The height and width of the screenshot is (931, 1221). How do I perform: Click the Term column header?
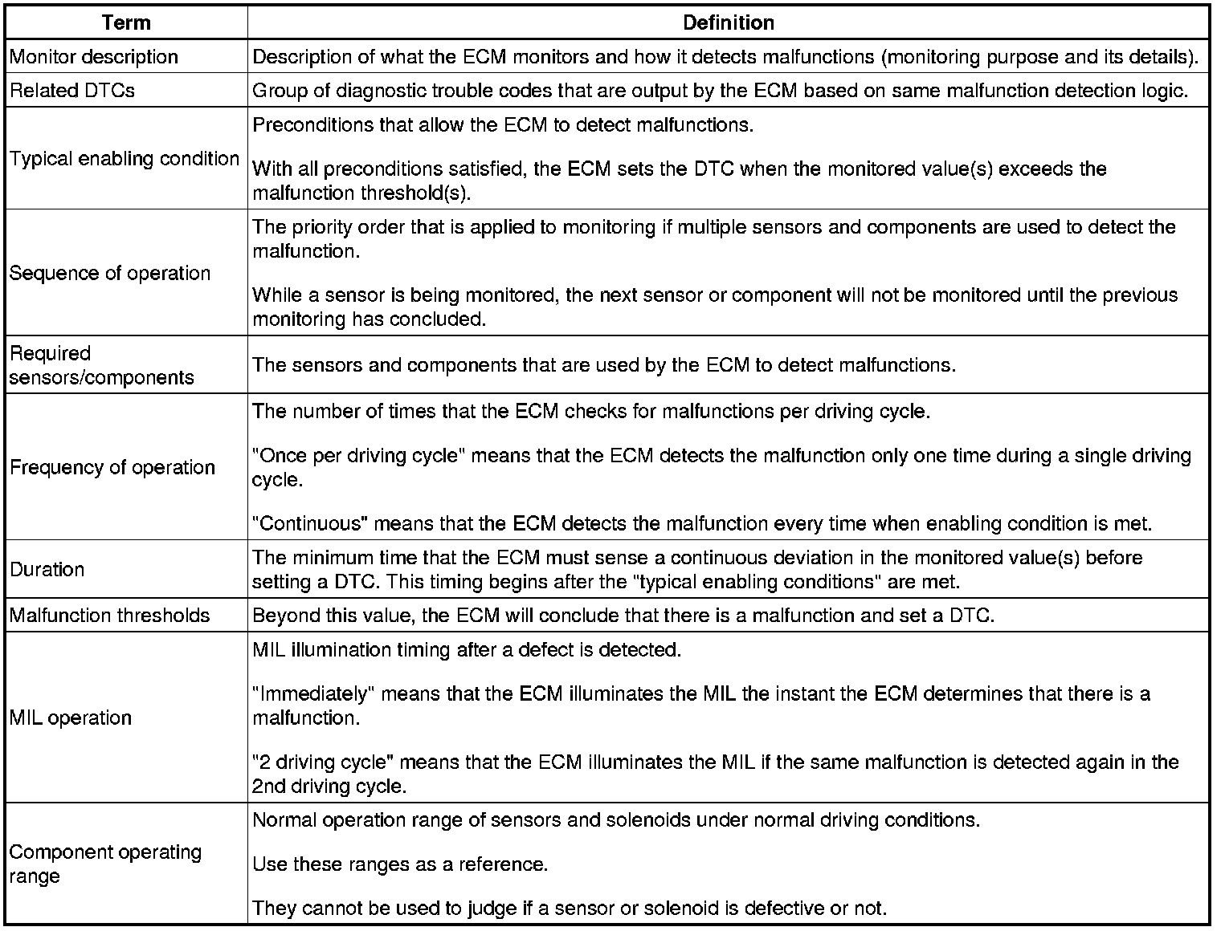(126, 22)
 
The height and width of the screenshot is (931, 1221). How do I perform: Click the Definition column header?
(728, 22)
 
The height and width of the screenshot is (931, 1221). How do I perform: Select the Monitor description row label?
(94, 57)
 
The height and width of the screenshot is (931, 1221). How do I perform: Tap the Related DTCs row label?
(72, 90)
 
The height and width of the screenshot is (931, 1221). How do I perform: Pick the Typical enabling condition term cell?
(125, 158)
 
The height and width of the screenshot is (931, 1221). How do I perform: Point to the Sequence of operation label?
(110, 273)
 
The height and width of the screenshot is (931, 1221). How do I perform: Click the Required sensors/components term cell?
(102, 365)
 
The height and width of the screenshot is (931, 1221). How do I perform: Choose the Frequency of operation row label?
(112, 467)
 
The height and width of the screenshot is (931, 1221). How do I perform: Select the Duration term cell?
(47, 569)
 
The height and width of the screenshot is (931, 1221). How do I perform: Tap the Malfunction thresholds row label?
(110, 616)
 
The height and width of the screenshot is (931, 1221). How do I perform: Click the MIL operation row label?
(71, 718)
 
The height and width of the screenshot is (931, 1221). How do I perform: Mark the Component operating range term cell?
(105, 864)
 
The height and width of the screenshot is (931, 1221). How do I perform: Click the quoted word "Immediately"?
(313, 693)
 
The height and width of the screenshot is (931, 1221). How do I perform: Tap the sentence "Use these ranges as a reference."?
(400, 864)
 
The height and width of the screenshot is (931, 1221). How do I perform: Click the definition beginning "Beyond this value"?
(623, 616)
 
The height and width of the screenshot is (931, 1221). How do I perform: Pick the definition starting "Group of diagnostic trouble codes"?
(720, 90)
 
